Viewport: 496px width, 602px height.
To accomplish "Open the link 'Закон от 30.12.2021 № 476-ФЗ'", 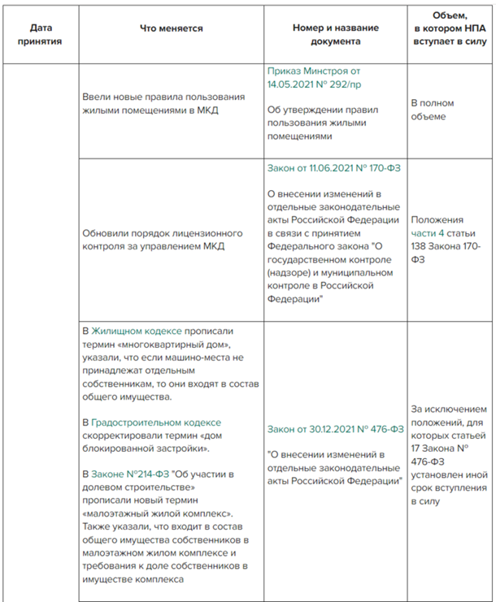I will coord(335,430).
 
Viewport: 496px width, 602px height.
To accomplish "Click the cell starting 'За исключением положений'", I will coord(449,456).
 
